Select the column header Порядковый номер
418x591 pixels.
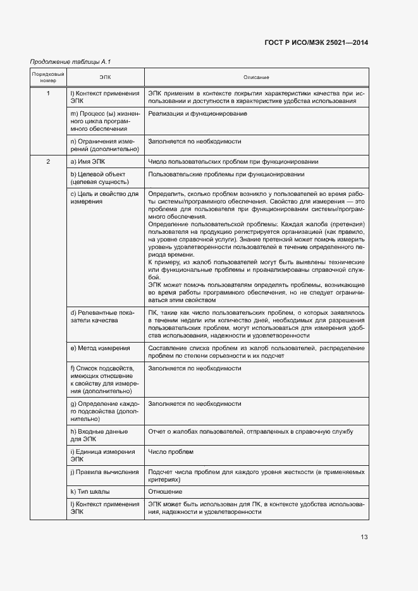coord(48,77)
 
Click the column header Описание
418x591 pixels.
coord(256,77)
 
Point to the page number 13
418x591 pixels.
coord(364,537)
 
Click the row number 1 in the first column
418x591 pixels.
coord(48,93)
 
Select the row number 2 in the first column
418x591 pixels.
coord(48,162)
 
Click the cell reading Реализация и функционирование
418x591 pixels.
coord(197,113)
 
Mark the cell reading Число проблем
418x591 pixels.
coord(171,452)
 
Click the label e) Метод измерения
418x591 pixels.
coord(100,348)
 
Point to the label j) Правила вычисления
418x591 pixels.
coord(104,472)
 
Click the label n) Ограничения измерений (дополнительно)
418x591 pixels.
coord(104,145)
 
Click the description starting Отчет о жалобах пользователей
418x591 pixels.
coord(250,432)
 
